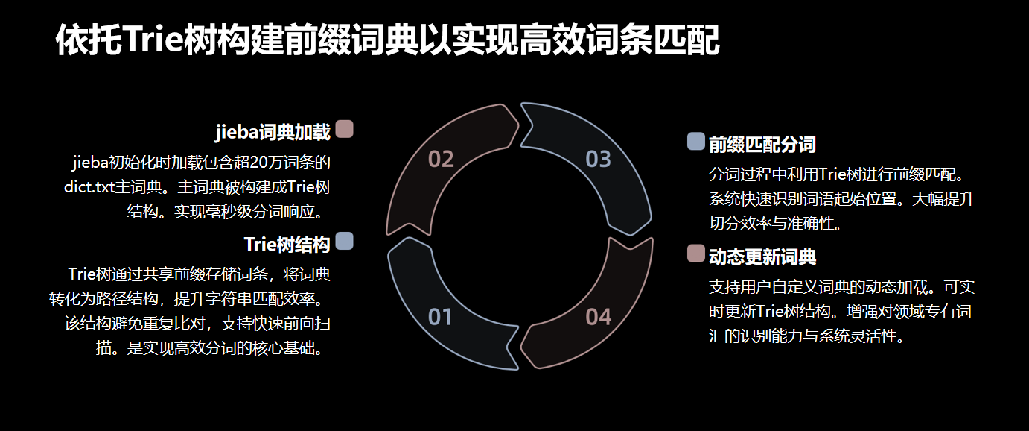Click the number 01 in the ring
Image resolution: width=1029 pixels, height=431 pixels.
tap(441, 317)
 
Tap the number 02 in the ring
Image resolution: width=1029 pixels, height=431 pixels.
tap(441, 159)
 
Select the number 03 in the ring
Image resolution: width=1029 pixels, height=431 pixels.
tap(598, 159)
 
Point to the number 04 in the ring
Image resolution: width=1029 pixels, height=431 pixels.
tap(598, 317)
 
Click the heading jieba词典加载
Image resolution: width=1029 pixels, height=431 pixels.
tap(272, 133)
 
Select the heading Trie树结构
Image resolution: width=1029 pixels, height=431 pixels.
tap(287, 245)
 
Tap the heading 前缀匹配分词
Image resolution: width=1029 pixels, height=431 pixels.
tap(762, 145)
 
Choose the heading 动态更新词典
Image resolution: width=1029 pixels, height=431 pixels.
tap(762, 257)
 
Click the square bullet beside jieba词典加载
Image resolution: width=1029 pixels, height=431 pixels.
tap(344, 129)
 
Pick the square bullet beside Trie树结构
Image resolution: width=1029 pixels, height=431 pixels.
tap(344, 241)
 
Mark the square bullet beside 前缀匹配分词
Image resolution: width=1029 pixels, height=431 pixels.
tap(695, 141)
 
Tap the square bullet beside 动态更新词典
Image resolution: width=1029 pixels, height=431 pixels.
tap(695, 253)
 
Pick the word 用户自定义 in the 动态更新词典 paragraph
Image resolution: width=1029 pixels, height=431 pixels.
tap(778, 287)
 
